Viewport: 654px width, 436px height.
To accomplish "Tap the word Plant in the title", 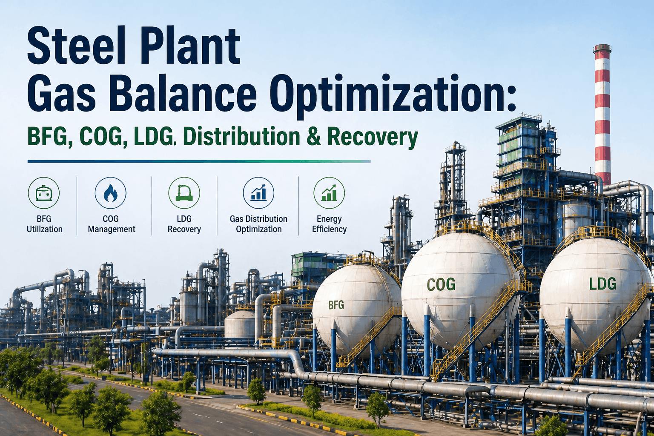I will click(x=190, y=46).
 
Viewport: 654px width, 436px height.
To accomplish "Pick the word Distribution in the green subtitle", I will click(x=241, y=137).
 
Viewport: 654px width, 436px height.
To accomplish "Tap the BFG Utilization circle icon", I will click(x=44, y=193).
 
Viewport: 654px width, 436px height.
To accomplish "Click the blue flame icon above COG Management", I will click(x=110, y=193).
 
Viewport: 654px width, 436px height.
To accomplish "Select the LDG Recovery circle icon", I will click(x=184, y=193).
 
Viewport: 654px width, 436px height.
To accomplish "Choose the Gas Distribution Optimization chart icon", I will click(x=258, y=193).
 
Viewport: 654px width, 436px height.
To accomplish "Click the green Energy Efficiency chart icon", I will click(x=329, y=193).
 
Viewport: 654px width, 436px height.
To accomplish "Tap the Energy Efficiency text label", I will click(x=329, y=224).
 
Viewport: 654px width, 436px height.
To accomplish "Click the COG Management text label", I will click(x=111, y=224).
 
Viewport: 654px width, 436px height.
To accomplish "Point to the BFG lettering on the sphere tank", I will click(x=336, y=305).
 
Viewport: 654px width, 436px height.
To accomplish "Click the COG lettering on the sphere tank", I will click(x=441, y=284).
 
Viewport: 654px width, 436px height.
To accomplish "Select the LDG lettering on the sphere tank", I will click(x=602, y=284).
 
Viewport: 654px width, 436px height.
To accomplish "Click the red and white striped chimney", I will click(x=602, y=115).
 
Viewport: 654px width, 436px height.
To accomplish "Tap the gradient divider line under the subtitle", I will click(x=199, y=161).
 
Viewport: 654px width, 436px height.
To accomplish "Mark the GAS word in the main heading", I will click(x=61, y=94).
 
